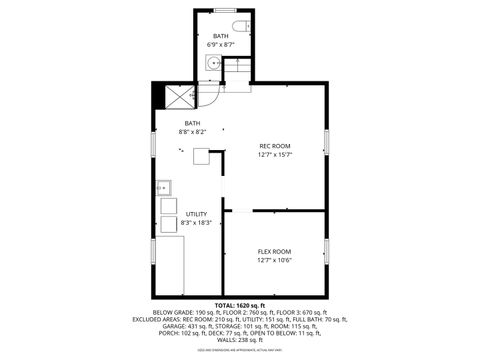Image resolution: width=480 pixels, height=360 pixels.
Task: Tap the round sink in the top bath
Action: pos(213,63)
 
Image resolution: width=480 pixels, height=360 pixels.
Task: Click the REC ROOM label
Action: pos(275,146)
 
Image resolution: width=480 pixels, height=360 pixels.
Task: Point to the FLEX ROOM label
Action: pos(275,251)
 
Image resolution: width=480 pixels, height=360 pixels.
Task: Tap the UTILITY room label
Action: pos(196,214)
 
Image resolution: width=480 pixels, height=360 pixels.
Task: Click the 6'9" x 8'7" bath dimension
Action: pos(220,45)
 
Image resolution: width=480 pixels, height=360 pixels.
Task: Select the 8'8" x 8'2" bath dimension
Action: pos(192,132)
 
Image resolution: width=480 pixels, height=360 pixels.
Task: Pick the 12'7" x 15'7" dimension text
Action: pos(275,155)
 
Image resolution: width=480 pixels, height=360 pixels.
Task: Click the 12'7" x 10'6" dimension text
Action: pos(275,260)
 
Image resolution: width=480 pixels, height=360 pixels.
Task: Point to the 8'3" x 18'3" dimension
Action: pos(196,223)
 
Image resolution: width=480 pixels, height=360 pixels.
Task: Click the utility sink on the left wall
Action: pos(164,187)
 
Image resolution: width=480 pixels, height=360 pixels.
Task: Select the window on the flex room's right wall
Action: pos(326,249)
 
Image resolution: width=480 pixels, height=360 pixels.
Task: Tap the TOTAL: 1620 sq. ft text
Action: pos(239,305)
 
